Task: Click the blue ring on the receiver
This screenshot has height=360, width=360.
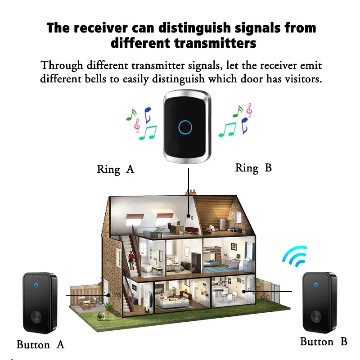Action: (x=185, y=127)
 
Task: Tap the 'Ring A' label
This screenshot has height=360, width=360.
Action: (x=116, y=170)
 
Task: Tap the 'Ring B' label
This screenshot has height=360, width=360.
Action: (x=253, y=168)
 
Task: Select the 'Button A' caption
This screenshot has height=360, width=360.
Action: (x=40, y=345)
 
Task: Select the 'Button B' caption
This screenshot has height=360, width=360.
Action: (x=324, y=342)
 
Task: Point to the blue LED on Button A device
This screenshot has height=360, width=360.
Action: (x=36, y=285)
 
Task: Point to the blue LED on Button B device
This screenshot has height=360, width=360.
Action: (x=315, y=284)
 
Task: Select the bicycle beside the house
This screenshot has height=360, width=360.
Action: (x=265, y=296)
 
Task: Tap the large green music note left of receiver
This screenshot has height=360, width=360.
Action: (x=148, y=132)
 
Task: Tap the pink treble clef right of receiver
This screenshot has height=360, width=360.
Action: (x=249, y=109)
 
